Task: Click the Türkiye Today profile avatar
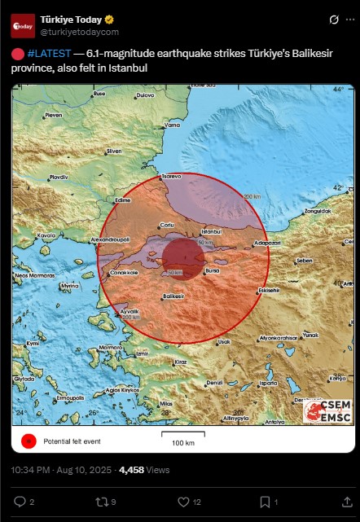pyautogui.click(x=23, y=26)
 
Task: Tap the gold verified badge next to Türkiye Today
pyautogui.click(x=108, y=20)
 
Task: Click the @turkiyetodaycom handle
pyautogui.click(x=79, y=32)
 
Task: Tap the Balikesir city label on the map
pyautogui.click(x=172, y=297)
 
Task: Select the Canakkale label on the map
pyautogui.click(x=124, y=273)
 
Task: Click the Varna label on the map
pyautogui.click(x=173, y=125)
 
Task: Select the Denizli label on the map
pyautogui.click(x=214, y=382)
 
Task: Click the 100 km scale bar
pyautogui.click(x=182, y=436)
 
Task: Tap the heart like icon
pyautogui.click(x=183, y=502)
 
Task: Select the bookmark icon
pyautogui.click(x=265, y=502)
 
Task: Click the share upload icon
pyautogui.click(x=336, y=502)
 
